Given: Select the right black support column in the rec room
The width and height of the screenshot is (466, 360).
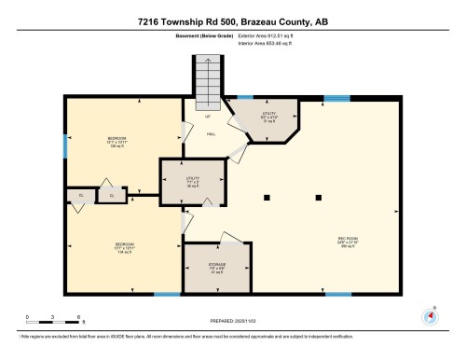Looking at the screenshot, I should click(320, 197).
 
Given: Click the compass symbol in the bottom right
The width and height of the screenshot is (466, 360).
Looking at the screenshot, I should click(430, 315).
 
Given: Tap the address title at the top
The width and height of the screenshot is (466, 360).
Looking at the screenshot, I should click(232, 18).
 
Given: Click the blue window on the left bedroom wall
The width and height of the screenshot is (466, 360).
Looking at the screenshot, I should click(65, 145).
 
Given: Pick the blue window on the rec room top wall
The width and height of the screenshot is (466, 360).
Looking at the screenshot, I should click(336, 97).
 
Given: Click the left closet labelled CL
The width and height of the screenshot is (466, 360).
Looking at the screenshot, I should click(80, 196).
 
